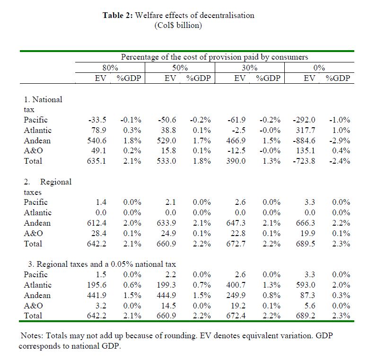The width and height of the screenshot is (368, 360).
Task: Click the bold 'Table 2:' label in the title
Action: [x=118, y=15]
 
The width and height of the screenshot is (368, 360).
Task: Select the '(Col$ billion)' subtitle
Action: [x=178, y=25]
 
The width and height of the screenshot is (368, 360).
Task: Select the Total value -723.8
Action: [x=305, y=161]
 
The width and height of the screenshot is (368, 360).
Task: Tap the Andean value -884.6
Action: [x=305, y=140]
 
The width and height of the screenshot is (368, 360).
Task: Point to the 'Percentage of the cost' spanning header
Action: [x=214, y=57]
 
